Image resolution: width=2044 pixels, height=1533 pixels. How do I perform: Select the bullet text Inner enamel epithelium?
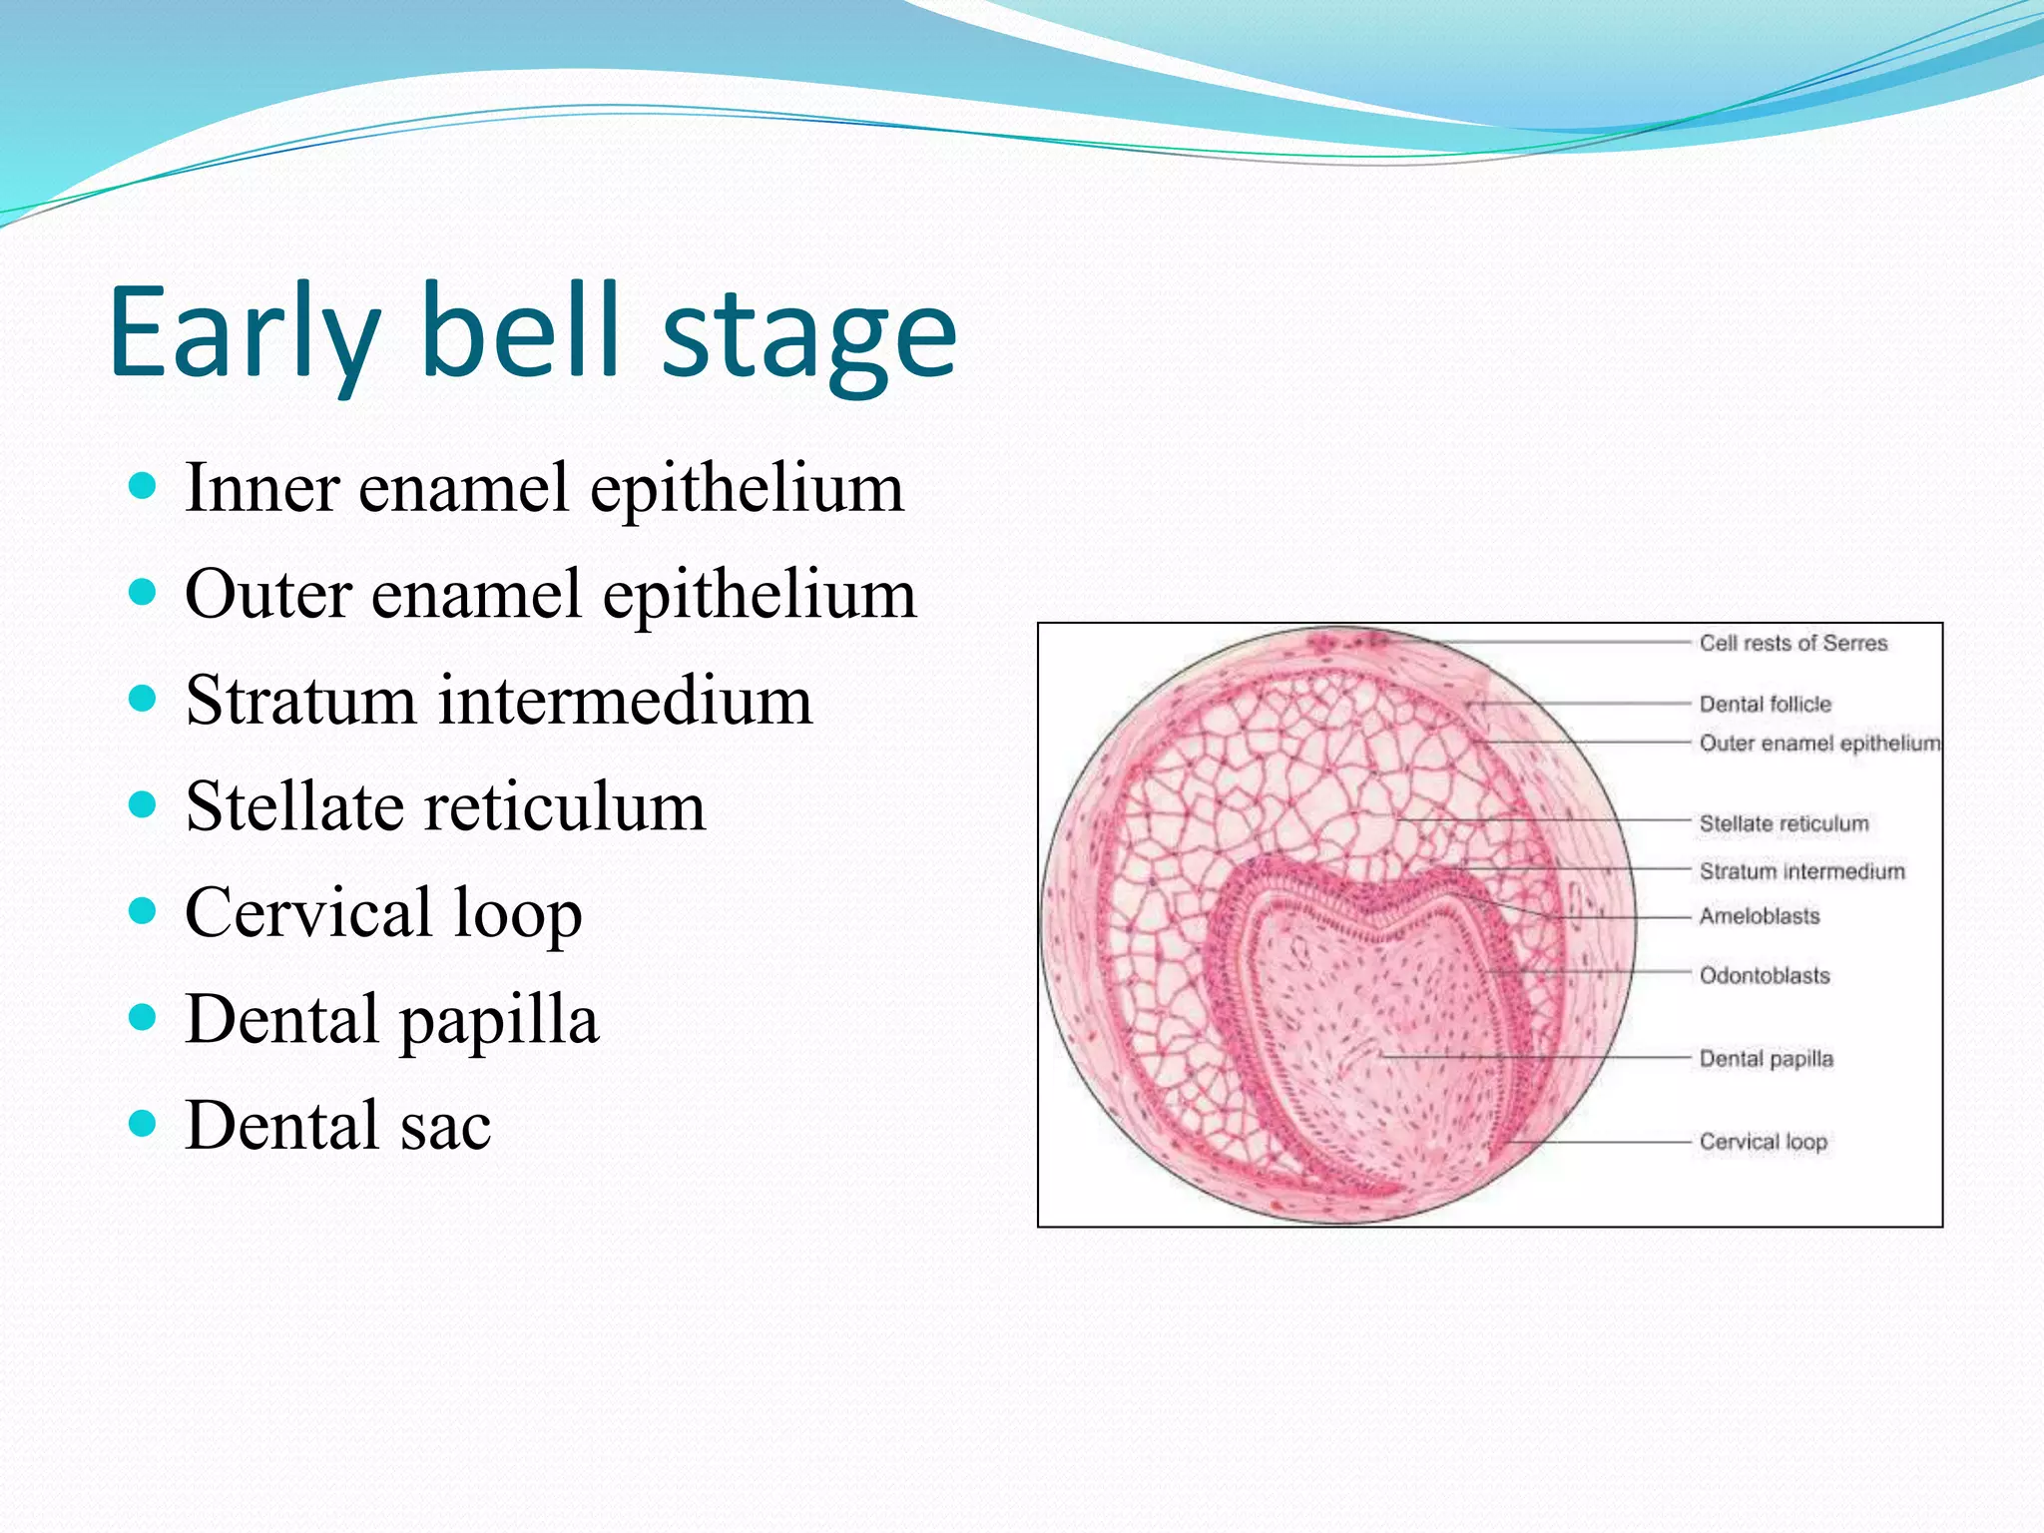[x=544, y=489]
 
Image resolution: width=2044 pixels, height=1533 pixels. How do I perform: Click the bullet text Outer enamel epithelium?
[x=550, y=595]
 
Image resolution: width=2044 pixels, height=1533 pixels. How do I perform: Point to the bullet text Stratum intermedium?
[x=499, y=701]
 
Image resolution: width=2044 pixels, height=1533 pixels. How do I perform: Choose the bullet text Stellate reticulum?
[x=445, y=806]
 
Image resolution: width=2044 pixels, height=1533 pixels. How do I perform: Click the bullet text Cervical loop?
[x=383, y=913]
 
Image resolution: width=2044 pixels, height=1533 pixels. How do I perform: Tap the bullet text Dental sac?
[x=337, y=1126]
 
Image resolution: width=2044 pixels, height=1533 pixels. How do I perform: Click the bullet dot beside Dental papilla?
[x=144, y=1017]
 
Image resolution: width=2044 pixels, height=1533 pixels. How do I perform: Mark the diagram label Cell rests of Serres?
[x=1793, y=644]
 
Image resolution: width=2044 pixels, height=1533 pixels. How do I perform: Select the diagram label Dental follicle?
[x=1766, y=705]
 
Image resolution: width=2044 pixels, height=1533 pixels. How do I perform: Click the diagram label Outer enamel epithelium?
[x=1819, y=744]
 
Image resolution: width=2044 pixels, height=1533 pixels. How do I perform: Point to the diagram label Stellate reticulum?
[x=1784, y=824]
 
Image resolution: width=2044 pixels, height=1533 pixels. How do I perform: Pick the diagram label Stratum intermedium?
[x=1801, y=872]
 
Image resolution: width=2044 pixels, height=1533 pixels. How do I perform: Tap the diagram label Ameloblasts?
[x=1760, y=916]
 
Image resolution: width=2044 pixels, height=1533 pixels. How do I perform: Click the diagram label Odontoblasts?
[x=1765, y=976]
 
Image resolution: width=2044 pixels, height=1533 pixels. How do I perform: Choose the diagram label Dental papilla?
[x=1766, y=1059]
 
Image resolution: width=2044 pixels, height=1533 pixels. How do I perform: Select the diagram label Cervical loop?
[x=1763, y=1142]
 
